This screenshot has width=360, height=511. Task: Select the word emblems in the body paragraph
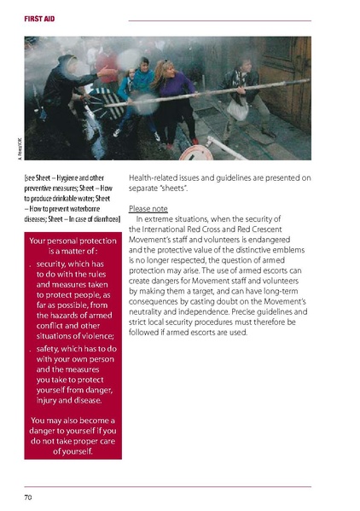[290, 250]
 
